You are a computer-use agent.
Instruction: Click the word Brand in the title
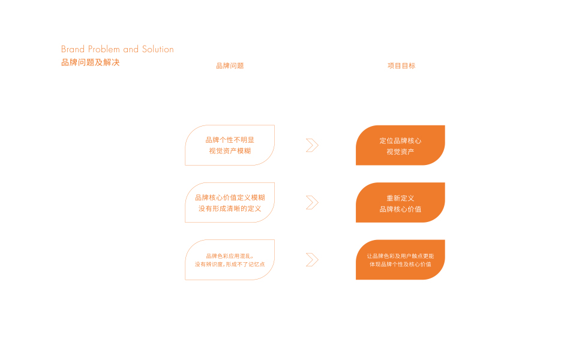[73, 49]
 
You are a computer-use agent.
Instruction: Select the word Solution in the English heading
[158, 49]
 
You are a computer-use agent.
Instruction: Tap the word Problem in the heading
[104, 49]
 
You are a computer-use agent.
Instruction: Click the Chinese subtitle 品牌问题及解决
[91, 62]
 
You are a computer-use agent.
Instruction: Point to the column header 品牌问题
[230, 66]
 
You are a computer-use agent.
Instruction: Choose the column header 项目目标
[401, 66]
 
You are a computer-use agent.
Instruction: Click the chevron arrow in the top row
[312, 145]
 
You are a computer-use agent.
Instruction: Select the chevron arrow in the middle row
[312, 203]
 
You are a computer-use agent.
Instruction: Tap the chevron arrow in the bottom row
[312, 260]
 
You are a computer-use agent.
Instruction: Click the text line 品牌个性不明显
[230, 140]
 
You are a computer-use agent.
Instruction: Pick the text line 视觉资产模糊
[230, 151]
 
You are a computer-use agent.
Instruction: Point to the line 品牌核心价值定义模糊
[230, 197]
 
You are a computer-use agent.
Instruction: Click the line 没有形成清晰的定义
[230, 209]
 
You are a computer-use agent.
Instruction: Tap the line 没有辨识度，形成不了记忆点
[230, 265]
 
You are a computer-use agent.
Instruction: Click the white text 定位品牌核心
[400, 141]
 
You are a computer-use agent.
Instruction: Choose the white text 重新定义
[400, 198]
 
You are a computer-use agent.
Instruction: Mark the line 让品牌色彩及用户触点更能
[400, 256]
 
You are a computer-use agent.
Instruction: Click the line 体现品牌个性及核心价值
[400, 265]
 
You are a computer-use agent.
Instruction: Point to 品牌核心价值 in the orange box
[400, 209]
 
